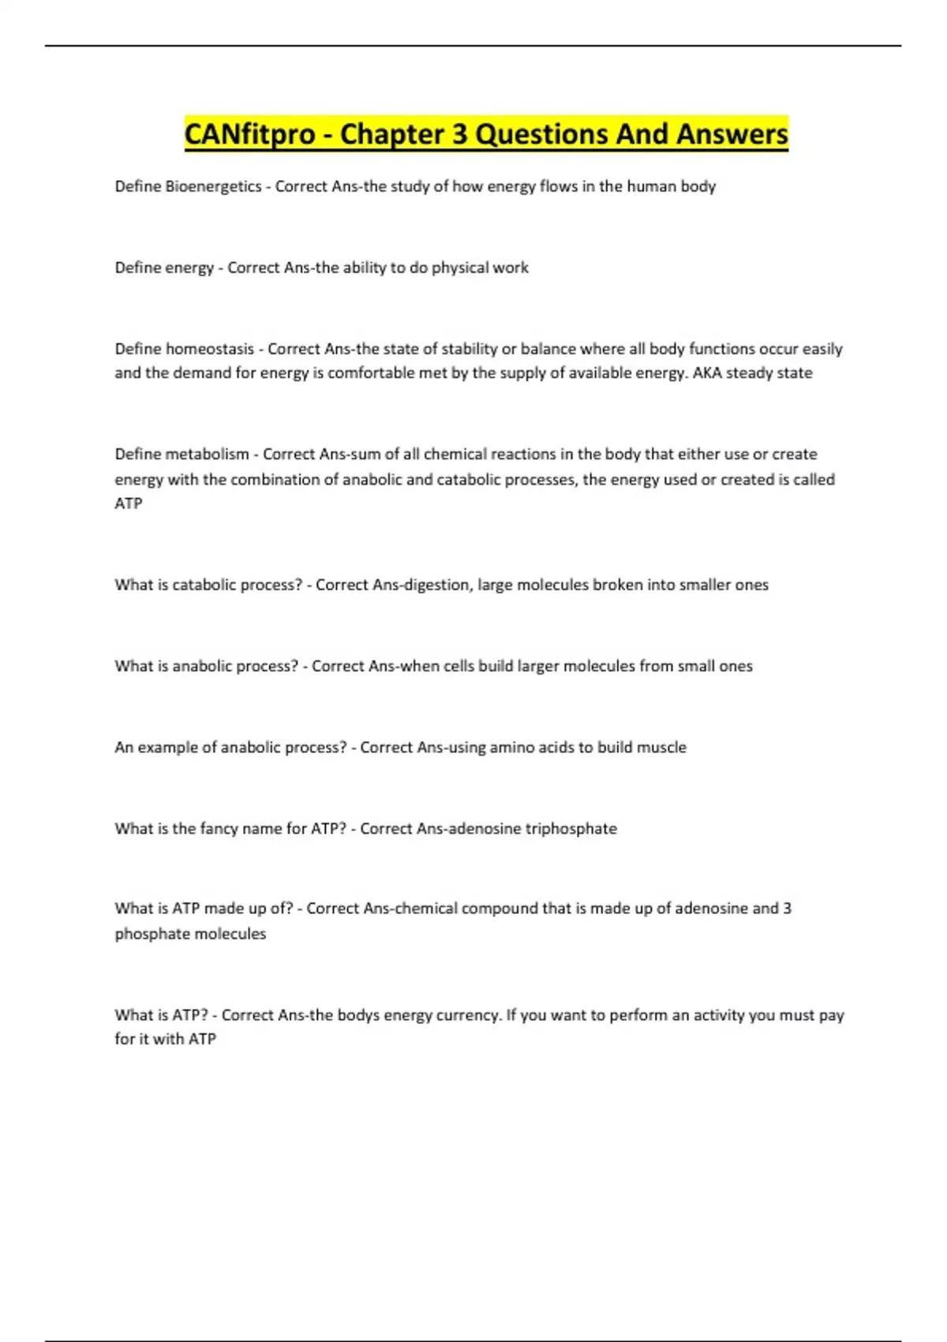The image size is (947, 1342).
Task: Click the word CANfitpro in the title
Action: coord(249,134)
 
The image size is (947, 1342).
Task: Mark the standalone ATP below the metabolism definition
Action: coord(129,504)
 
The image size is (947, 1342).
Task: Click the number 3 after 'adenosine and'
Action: coord(787,909)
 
